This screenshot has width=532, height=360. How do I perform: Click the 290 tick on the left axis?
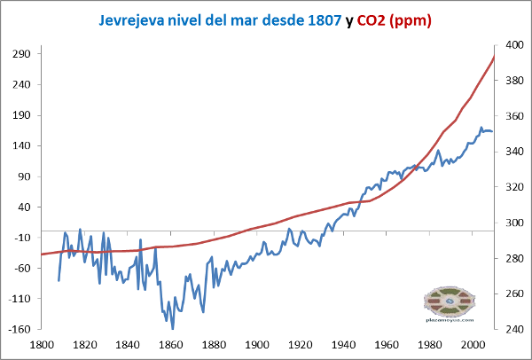[23, 53]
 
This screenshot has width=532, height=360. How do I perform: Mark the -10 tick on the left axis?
[23, 238]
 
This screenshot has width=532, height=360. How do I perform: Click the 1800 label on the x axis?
[41, 344]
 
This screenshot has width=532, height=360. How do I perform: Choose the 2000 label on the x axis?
[473, 344]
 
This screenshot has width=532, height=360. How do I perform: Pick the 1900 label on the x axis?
[257, 344]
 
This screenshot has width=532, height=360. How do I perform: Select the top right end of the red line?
[494, 57]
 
